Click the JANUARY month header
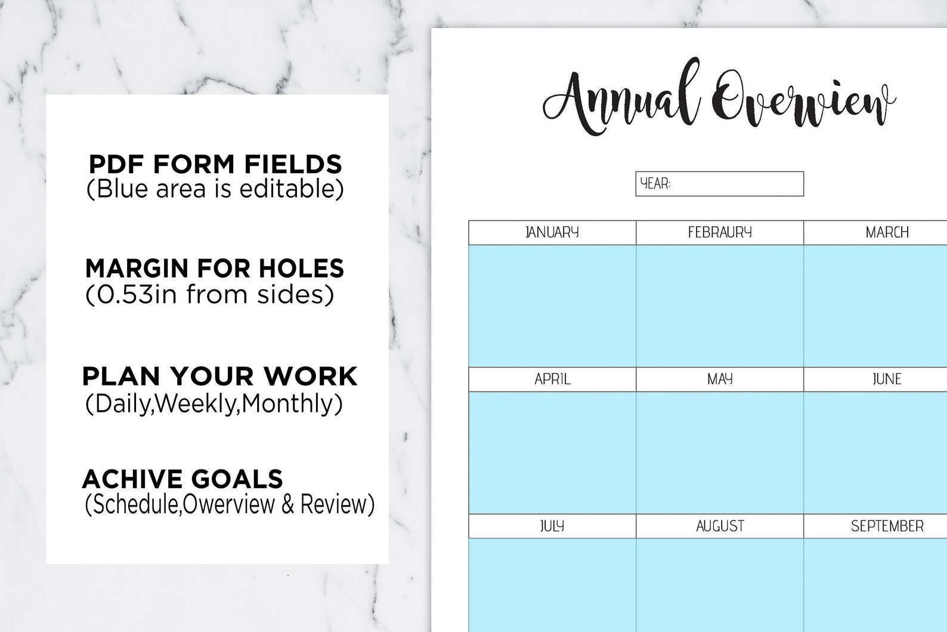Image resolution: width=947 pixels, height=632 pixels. [x=552, y=232]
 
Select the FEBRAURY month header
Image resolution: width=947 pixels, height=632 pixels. [x=720, y=232]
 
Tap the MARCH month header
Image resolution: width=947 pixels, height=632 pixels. [x=887, y=232]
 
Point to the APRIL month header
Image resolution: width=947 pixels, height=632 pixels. [x=552, y=379]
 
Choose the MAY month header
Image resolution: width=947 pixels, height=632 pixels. [x=720, y=379]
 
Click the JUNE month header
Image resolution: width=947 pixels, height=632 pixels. [x=887, y=379]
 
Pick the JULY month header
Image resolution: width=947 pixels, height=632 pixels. [x=552, y=526]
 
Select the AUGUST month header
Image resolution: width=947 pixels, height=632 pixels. [x=720, y=526]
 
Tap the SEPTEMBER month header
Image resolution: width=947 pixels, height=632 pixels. [x=887, y=526]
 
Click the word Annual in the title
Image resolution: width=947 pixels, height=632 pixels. [x=620, y=98]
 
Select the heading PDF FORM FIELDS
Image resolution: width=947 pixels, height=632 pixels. [x=215, y=164]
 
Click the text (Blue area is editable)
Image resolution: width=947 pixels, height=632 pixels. [x=215, y=189]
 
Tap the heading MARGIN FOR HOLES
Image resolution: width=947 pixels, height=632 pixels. [x=215, y=269]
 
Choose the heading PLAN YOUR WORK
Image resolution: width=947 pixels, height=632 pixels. [x=219, y=376]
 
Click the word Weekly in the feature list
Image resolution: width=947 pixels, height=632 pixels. [x=197, y=404]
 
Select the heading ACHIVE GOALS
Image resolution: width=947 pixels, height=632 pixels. [x=182, y=479]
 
